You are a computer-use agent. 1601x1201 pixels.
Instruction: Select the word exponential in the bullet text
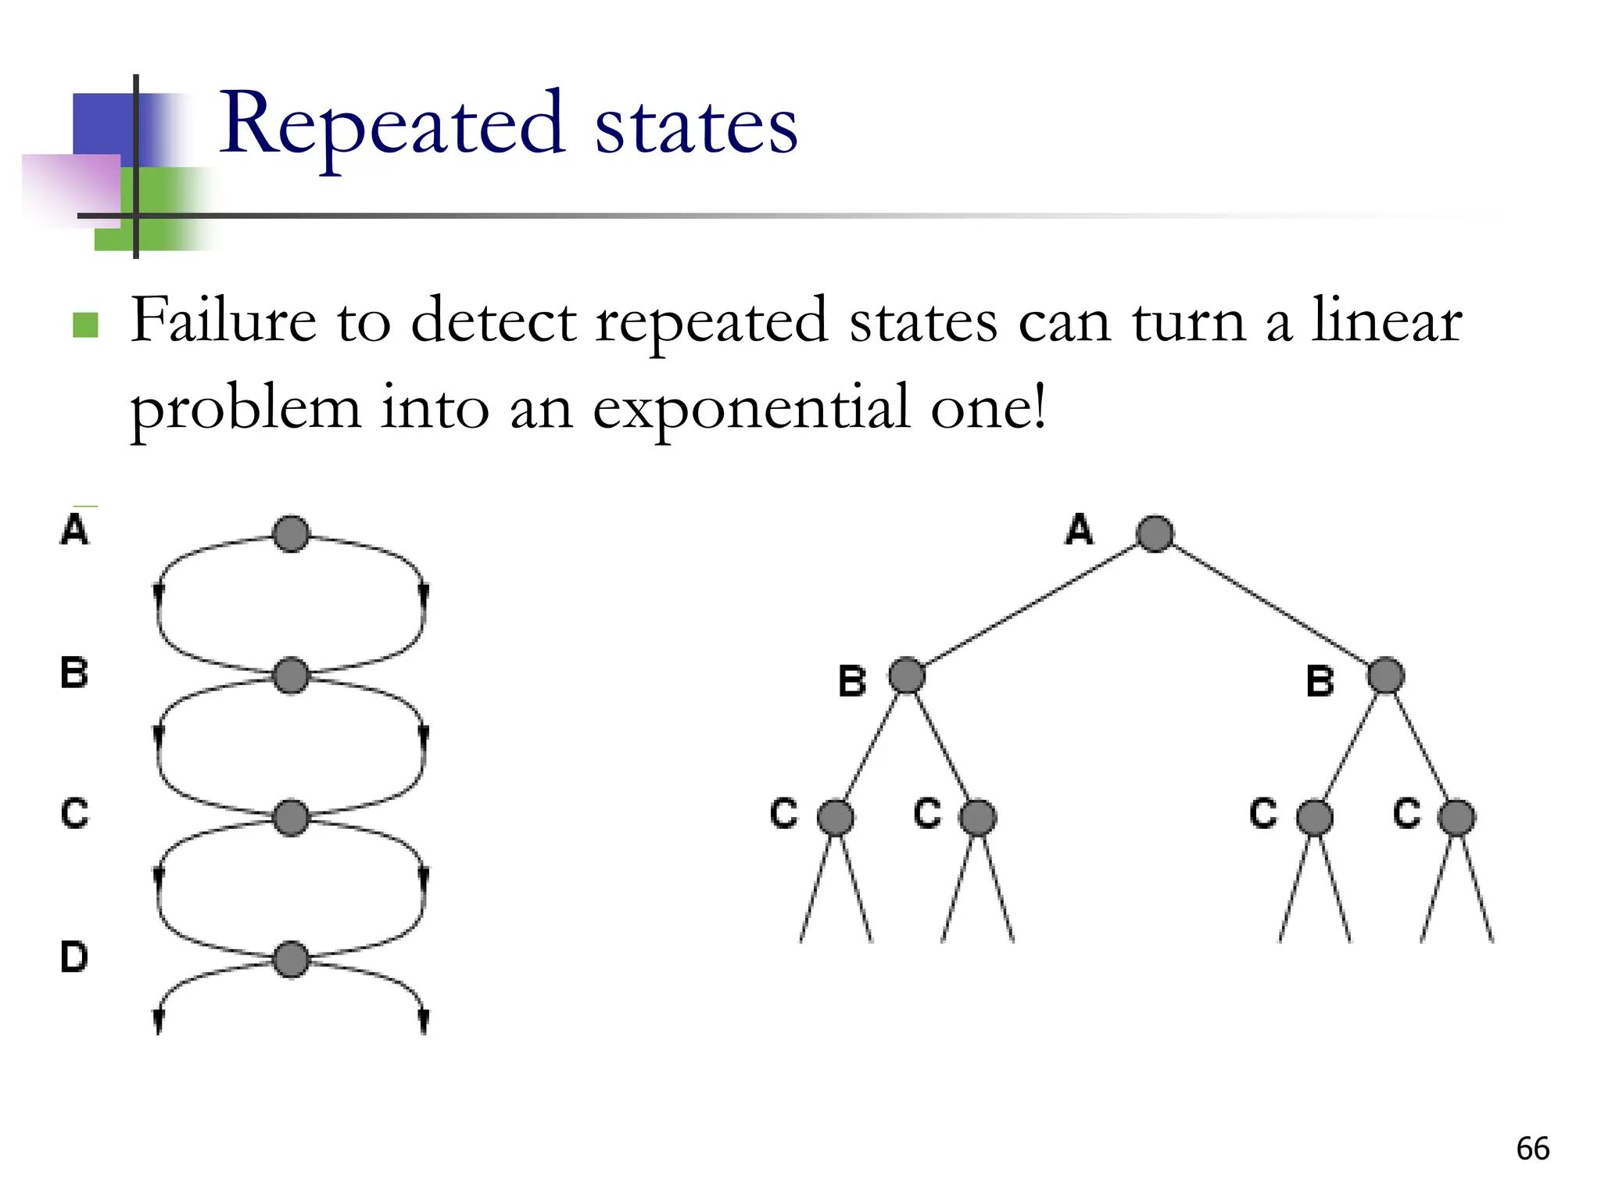751,408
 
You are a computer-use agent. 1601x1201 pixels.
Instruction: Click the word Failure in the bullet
224,321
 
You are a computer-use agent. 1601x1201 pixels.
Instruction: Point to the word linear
1386,321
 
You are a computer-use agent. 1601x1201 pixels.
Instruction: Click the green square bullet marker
85,324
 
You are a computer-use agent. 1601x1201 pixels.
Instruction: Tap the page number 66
1532,1149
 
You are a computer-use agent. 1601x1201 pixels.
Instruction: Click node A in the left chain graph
291,534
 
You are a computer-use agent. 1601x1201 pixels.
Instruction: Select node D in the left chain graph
291,959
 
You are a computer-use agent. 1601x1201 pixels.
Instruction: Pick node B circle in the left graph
291,676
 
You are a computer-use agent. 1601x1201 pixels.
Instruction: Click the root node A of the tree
1155,534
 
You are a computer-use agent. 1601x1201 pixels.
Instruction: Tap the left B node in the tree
907,676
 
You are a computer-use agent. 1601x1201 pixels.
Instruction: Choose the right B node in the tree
1385,676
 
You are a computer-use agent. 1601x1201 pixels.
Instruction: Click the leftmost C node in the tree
835,818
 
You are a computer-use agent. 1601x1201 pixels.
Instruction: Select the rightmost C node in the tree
1456,818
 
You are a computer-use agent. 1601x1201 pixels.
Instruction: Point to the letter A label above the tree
1079,529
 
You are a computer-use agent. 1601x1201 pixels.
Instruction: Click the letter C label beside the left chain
75,813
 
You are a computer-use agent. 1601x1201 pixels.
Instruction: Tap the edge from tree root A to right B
1270,604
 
